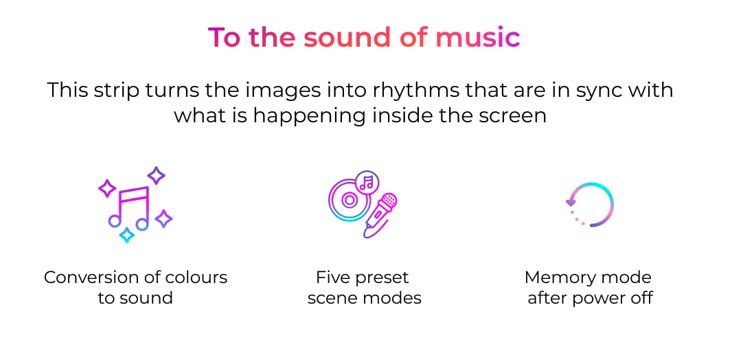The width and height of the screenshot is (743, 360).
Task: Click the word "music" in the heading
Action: pos(478,37)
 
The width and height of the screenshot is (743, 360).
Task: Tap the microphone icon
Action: pos(380,215)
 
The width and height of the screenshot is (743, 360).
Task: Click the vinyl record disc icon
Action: pos(348,200)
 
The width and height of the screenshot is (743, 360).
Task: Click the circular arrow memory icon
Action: pos(590,205)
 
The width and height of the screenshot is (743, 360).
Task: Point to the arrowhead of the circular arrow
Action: pos(571,203)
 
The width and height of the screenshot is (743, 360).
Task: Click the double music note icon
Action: pos(129,207)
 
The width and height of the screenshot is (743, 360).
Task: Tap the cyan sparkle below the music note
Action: pos(126,235)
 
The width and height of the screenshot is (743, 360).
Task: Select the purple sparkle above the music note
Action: pos(156,175)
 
